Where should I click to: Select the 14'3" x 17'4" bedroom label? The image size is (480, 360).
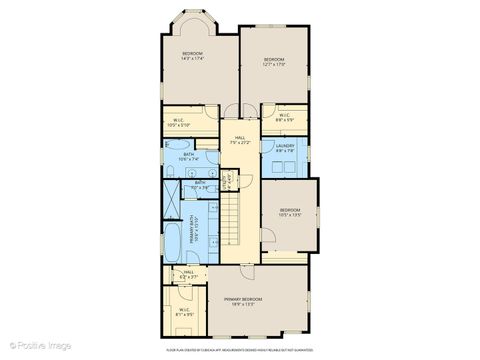(192, 56)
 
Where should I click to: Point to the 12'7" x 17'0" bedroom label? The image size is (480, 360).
(274, 63)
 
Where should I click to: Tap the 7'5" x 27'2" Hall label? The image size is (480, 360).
(240, 140)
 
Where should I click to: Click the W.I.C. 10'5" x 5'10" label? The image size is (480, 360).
(177, 125)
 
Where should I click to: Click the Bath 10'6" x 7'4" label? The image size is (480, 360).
(188, 156)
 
